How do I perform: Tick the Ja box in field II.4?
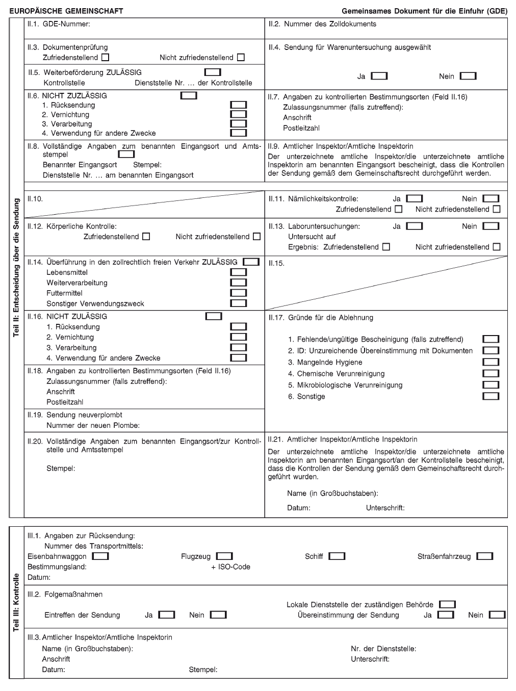click(x=379, y=76)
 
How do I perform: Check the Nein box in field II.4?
click(x=468, y=76)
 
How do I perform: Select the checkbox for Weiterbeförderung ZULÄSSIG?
click(x=212, y=72)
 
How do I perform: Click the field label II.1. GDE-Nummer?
click(x=59, y=24)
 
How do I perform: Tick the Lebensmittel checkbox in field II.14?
click(x=239, y=272)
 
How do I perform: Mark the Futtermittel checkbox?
click(x=239, y=293)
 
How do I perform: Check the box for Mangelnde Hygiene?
click(x=491, y=362)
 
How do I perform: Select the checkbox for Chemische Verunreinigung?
click(x=491, y=374)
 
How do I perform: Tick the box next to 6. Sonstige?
click(x=491, y=396)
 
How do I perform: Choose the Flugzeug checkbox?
click(x=224, y=556)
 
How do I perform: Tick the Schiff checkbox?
click(x=337, y=556)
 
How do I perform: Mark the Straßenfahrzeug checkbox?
click(x=485, y=556)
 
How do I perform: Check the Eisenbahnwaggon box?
click(x=100, y=556)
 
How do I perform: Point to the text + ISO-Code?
click(x=230, y=567)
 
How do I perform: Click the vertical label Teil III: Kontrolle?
click(x=16, y=602)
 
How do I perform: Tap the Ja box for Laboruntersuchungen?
click(x=415, y=226)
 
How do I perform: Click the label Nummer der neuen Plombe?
click(x=93, y=425)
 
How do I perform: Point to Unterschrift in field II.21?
click(x=385, y=508)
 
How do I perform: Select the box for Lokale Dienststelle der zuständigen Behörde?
click(x=447, y=605)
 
